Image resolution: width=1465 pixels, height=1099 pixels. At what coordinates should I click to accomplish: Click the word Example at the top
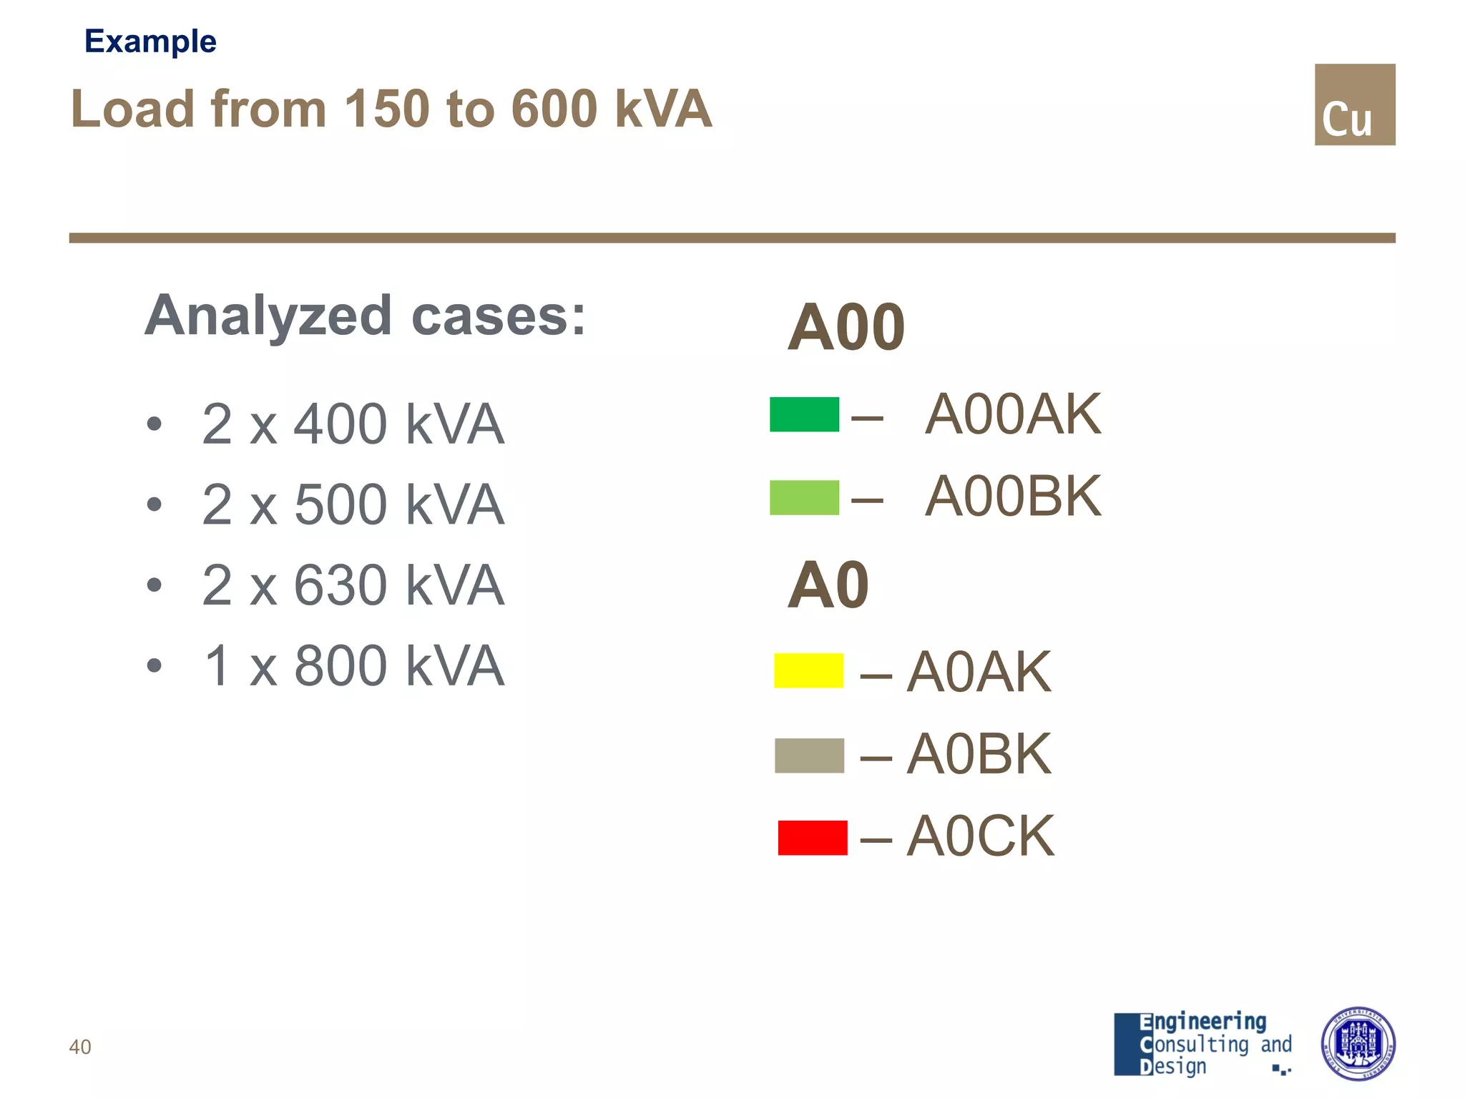click(150, 41)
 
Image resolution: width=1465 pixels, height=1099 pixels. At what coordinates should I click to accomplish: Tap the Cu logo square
click(1354, 104)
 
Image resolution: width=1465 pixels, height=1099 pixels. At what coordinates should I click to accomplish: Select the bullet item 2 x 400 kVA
click(353, 424)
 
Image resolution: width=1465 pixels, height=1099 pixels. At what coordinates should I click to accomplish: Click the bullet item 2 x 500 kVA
click(353, 504)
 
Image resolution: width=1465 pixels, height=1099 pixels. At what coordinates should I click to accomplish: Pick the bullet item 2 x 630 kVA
click(353, 585)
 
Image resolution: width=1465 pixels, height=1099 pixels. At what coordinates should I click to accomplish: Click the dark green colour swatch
click(804, 414)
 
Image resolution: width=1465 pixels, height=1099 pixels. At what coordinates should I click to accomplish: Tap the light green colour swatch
click(804, 497)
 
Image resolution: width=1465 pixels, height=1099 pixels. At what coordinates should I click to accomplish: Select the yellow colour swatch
click(808, 670)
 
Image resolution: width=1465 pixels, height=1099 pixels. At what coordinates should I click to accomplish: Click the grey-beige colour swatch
click(809, 756)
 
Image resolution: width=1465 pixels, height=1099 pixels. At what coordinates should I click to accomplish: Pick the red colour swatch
click(813, 837)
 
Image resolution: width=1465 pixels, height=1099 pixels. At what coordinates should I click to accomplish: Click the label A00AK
click(1012, 414)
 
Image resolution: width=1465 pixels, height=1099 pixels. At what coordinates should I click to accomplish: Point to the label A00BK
click(1012, 497)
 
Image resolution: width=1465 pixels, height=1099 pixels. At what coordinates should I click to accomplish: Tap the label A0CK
click(980, 836)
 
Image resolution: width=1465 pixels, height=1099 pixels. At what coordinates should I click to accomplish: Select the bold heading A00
click(846, 328)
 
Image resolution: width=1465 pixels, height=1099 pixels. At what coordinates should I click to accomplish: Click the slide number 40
click(80, 1047)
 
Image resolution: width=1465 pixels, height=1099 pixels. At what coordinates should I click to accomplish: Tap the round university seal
click(1357, 1043)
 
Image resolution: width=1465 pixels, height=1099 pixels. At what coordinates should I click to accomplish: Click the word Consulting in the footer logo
click(1194, 1044)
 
